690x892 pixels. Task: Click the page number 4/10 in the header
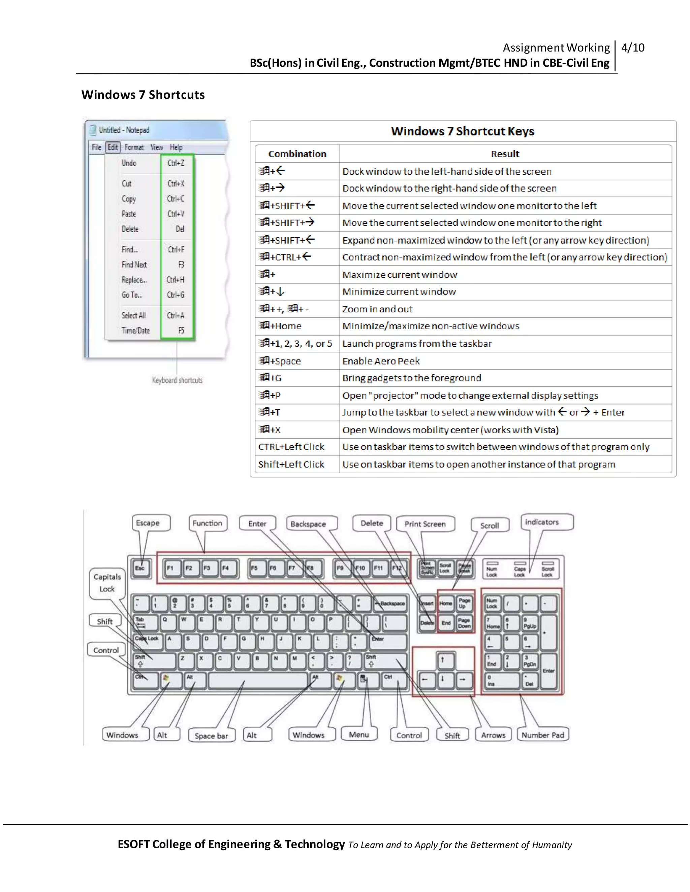tap(632, 48)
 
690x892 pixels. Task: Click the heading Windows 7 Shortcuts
tap(143, 95)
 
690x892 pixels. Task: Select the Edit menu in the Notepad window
tap(113, 147)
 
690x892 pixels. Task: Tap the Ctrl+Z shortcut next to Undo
tap(176, 163)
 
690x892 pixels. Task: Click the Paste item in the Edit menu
tap(129, 214)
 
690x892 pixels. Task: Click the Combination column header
tap(297, 154)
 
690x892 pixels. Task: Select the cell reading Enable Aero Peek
tap(381, 361)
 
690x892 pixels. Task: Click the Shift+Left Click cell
tap(291, 465)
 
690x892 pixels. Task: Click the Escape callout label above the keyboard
tap(148, 523)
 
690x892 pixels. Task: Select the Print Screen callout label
tap(425, 524)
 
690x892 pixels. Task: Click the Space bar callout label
tap(211, 735)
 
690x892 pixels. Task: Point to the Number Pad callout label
tap(542, 735)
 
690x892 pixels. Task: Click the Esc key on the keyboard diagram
tap(140, 568)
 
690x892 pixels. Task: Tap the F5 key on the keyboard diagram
tap(254, 568)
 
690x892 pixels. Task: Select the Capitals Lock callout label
tap(107, 583)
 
